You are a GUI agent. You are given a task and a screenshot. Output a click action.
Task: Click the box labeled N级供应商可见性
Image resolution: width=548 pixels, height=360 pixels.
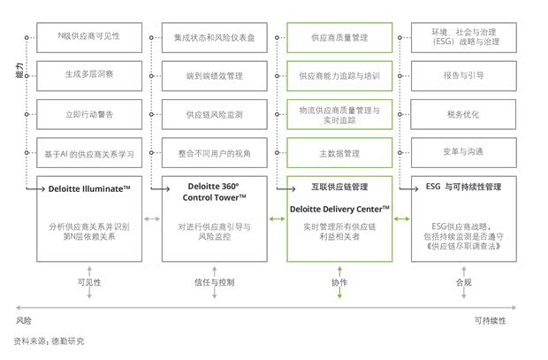click(x=88, y=37)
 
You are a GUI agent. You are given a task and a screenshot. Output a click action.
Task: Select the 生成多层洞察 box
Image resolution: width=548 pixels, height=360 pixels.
click(x=88, y=76)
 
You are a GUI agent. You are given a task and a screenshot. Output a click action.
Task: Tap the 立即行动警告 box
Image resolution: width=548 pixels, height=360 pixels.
click(x=88, y=114)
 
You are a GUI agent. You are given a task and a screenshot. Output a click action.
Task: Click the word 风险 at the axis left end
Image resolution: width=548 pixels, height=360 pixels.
click(x=23, y=319)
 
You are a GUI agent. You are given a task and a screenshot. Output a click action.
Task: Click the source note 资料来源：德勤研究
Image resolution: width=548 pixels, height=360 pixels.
click(x=49, y=340)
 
